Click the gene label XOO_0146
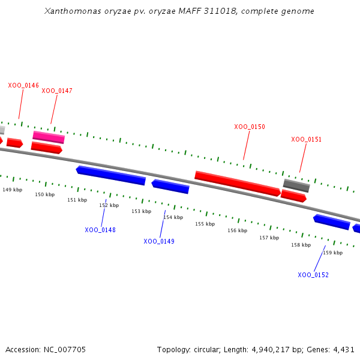click(23, 85)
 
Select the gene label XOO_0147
click(57, 91)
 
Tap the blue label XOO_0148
click(100, 230)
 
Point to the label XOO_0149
click(159, 241)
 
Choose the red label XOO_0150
click(250, 127)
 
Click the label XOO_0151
click(306, 139)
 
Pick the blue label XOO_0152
click(313, 275)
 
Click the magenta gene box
click(49, 137)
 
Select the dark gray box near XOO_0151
click(296, 185)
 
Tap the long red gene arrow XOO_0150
click(238, 184)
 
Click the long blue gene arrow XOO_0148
click(111, 175)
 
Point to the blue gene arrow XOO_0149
click(170, 187)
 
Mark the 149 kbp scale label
click(13, 190)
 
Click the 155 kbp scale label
click(205, 224)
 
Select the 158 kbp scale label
click(301, 245)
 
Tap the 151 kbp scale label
click(77, 200)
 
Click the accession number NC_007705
click(65, 350)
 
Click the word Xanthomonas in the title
click(73, 11)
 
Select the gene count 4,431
click(344, 350)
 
